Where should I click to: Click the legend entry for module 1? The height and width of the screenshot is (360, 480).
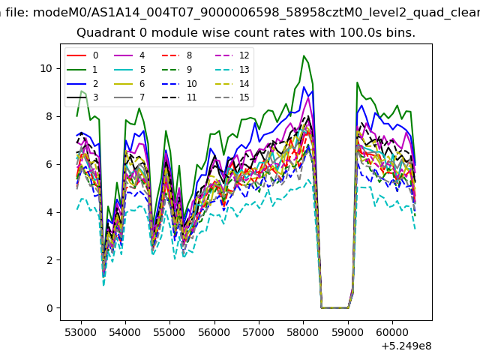point(82,70)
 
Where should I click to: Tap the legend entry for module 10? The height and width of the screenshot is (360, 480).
point(179,84)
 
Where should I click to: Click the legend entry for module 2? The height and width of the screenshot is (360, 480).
point(82,84)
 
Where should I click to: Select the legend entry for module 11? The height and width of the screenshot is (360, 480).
point(179,97)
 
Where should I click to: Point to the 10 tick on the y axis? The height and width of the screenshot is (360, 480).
point(46,68)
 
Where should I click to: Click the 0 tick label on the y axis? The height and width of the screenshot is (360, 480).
point(49,308)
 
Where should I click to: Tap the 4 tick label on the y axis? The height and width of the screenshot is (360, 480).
point(49,212)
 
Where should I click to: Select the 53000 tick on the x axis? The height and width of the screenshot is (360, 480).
point(81,332)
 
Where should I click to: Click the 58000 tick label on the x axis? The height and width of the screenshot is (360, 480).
point(303,332)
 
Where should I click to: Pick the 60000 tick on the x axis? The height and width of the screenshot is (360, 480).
point(392,332)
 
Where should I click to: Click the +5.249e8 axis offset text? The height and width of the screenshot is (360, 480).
point(406,346)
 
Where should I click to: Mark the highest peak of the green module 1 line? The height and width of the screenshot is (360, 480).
point(304,55)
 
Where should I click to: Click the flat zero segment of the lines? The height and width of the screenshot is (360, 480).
point(334,307)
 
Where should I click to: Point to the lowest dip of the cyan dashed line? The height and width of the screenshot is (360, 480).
point(103,285)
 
